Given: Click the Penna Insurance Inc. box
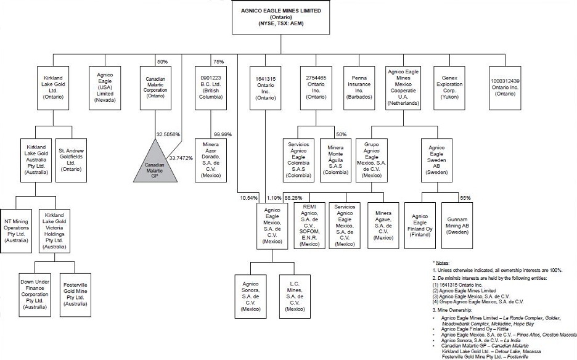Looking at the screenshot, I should [359, 87].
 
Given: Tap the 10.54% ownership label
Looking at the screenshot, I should [249, 198].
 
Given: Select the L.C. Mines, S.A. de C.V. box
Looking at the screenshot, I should [295, 297].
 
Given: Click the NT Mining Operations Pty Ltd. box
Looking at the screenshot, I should [18, 229].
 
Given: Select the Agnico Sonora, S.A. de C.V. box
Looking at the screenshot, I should [250, 297].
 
